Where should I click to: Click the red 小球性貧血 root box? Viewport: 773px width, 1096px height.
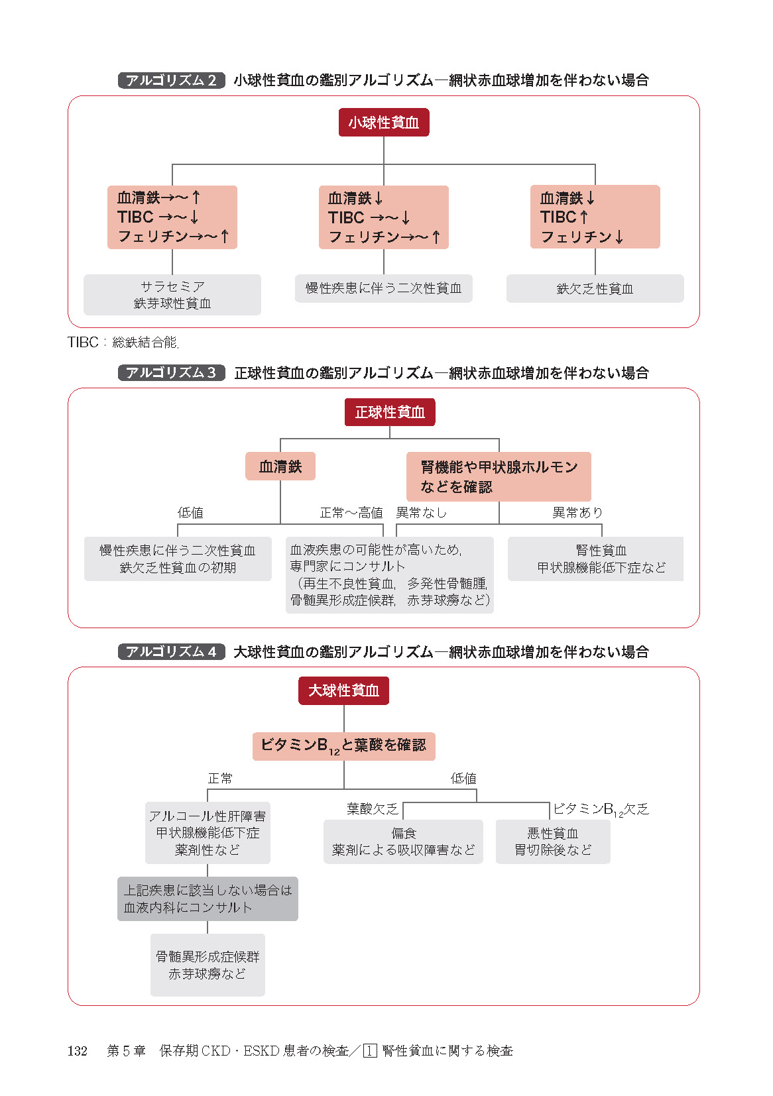pyautogui.click(x=384, y=123)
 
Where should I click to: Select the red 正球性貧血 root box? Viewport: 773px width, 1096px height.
pyautogui.click(x=390, y=412)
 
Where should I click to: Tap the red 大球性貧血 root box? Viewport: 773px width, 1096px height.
pyautogui.click(x=343, y=690)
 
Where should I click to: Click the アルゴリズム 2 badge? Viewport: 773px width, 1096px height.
pyautogui.click(x=171, y=80)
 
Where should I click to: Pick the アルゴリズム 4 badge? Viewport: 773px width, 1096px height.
pyautogui.click(x=171, y=652)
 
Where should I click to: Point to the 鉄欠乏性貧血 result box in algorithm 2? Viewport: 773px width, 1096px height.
pyautogui.click(x=595, y=289)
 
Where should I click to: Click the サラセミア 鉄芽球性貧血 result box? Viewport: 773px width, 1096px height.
pyautogui.click(x=172, y=295)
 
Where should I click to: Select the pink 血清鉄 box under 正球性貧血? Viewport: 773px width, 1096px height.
pyautogui.click(x=280, y=466)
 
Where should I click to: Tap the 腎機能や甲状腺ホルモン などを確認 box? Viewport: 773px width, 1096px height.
pyautogui.click(x=499, y=476)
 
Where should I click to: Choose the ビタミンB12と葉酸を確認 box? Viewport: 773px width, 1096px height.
pyautogui.click(x=343, y=745)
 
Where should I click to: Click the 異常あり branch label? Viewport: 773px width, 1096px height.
pyautogui.click(x=577, y=512)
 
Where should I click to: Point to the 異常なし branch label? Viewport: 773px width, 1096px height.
pyautogui.click(x=422, y=512)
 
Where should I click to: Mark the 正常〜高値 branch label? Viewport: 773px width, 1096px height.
pyautogui.click(x=351, y=512)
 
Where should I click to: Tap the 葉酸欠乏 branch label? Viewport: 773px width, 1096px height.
pyautogui.click(x=373, y=808)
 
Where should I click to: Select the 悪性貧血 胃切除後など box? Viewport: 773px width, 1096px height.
pyautogui.click(x=553, y=842)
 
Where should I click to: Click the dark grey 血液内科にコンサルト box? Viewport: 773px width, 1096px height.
pyautogui.click(x=208, y=899)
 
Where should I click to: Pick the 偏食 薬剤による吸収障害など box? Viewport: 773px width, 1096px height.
pyautogui.click(x=403, y=842)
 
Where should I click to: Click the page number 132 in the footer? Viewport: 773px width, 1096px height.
pyautogui.click(x=78, y=1051)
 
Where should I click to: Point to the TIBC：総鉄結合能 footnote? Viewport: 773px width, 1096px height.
pyautogui.click(x=123, y=343)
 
